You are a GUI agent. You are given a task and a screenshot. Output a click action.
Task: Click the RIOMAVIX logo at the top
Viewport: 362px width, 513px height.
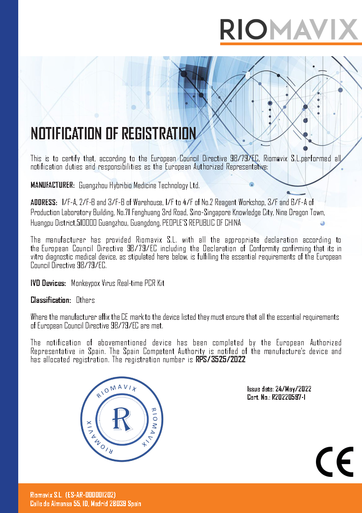point(289,29)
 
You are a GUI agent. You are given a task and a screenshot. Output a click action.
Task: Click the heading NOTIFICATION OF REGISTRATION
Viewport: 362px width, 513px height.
point(113,133)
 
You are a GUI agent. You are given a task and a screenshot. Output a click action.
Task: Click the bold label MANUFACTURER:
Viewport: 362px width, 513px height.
point(52,185)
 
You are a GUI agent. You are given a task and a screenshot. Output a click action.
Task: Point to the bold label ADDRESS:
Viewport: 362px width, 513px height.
point(44,202)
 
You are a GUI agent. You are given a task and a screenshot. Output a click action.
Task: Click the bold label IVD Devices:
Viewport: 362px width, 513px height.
point(48,283)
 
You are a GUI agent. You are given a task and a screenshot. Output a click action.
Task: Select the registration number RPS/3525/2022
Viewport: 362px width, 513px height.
point(220,360)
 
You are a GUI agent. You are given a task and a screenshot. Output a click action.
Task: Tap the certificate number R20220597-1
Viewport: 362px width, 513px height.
point(289,397)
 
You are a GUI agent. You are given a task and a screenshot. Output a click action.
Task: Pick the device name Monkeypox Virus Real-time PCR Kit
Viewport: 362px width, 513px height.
point(118,283)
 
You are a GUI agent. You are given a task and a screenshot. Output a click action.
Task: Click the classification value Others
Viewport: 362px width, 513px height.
point(85,300)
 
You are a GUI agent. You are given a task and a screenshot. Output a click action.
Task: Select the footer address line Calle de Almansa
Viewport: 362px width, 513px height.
point(85,503)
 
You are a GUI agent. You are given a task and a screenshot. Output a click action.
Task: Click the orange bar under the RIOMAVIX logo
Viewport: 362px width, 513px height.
point(291,43)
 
